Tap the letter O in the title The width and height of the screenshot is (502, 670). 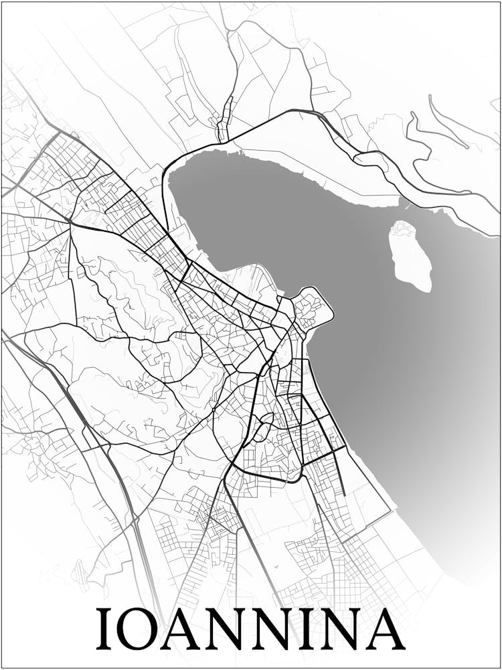[x=143, y=629]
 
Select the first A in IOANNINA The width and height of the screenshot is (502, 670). [x=188, y=629]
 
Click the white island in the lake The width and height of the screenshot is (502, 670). [x=410, y=258]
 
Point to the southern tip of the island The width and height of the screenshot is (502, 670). [x=426, y=288]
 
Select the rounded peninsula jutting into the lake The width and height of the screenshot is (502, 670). [x=313, y=308]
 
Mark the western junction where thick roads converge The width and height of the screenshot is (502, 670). [x=70, y=222]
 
